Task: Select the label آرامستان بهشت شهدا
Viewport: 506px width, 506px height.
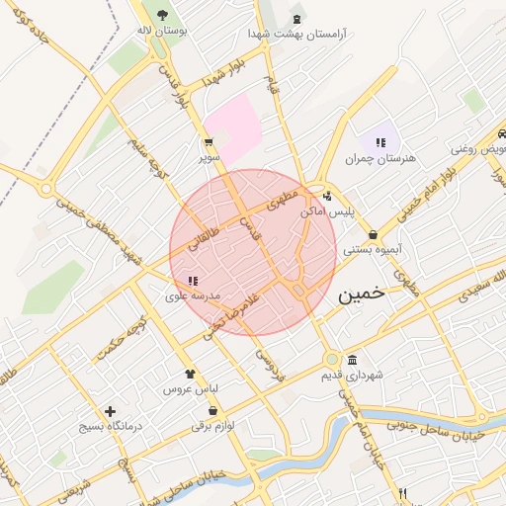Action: (x=297, y=34)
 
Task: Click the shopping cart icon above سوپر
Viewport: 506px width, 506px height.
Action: (x=208, y=141)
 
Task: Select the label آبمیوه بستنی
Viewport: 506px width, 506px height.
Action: (x=372, y=250)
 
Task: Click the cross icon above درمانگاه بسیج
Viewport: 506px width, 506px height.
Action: (x=109, y=411)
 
